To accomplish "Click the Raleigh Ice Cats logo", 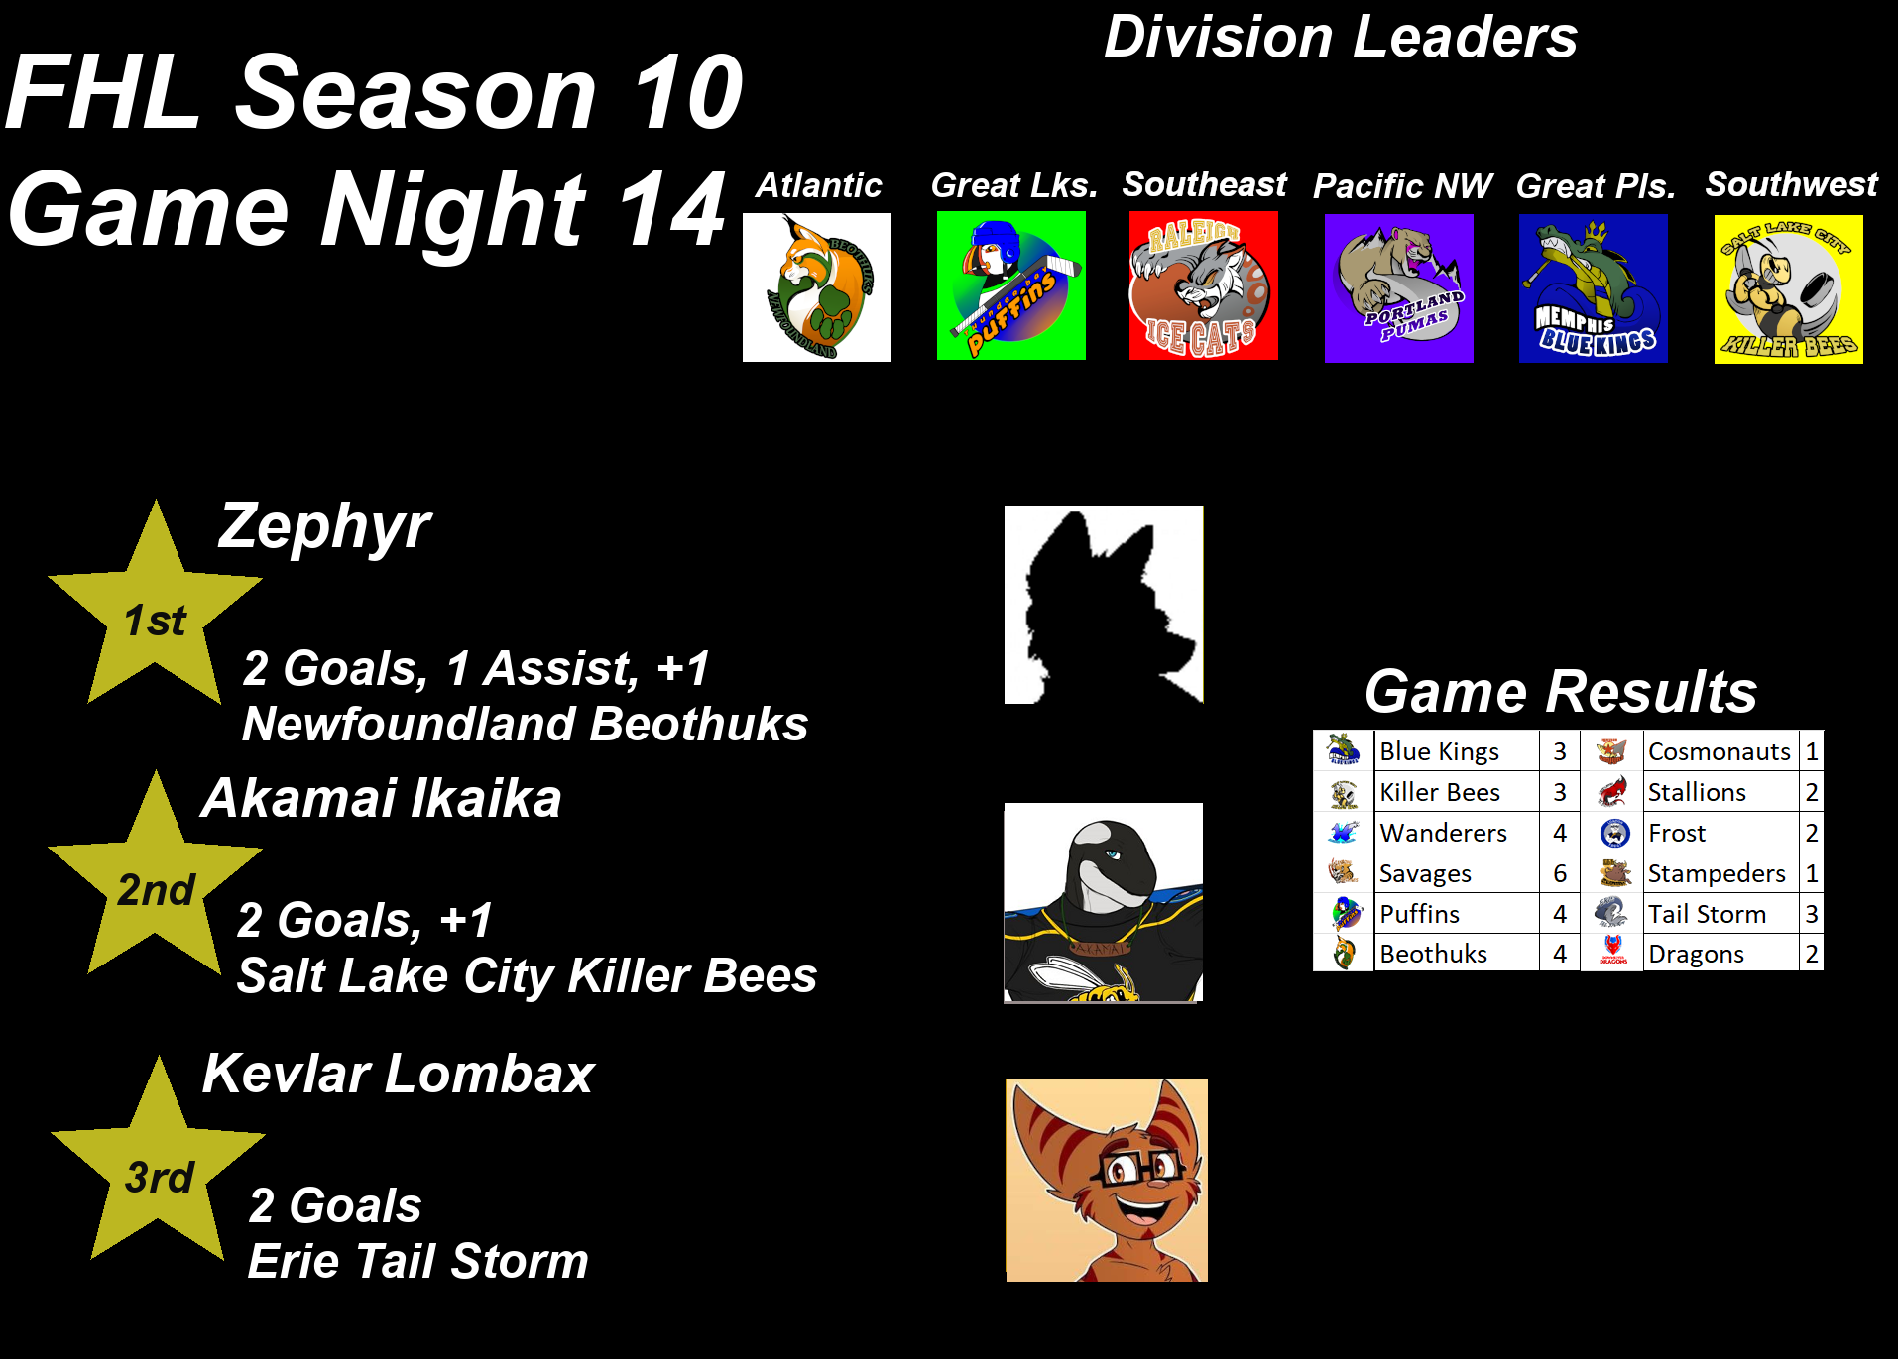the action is pyautogui.click(x=1204, y=285).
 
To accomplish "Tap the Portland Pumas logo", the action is pyautogui.click(x=1399, y=288).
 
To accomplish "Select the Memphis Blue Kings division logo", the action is pyautogui.click(x=1594, y=288).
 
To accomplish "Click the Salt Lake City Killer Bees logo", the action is pyautogui.click(x=1789, y=289).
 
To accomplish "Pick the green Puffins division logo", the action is pyautogui.click(x=1011, y=285).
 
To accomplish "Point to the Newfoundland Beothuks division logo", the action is pyautogui.click(x=817, y=287).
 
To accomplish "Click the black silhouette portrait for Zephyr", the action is pyautogui.click(x=1104, y=605).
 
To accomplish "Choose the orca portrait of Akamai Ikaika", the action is pyautogui.click(x=1104, y=903).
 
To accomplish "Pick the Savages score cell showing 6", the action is pyautogui.click(x=1560, y=873).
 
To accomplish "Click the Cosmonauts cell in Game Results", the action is pyautogui.click(x=1720, y=751).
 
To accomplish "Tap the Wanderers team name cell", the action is pyautogui.click(x=1457, y=833).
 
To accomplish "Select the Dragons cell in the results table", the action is pyautogui.click(x=1720, y=954).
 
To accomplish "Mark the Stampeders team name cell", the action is pyautogui.click(x=1720, y=873).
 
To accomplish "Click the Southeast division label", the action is pyautogui.click(x=1205, y=184).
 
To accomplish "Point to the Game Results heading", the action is pyautogui.click(x=1561, y=691).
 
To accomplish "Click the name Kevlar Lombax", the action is pyautogui.click(x=399, y=1074).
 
